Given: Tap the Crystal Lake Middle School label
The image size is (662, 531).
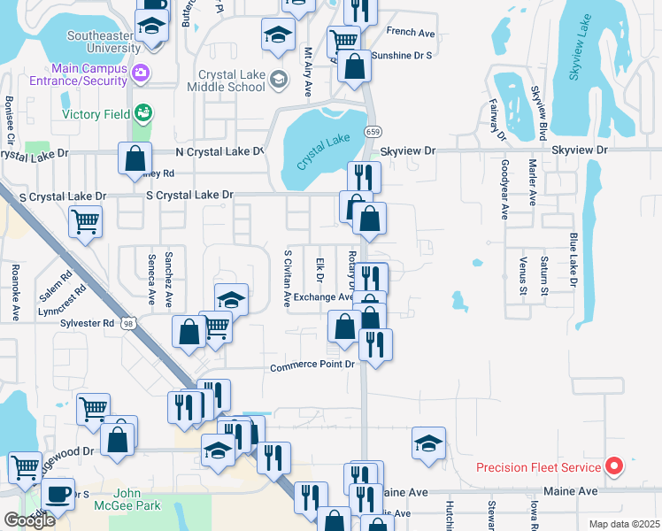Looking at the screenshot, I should tap(232, 81).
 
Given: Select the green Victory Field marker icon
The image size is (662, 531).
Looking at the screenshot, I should tap(142, 113).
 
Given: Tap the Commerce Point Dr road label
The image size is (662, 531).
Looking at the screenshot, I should tap(312, 366).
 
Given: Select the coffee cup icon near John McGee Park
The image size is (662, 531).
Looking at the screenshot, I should tap(58, 493).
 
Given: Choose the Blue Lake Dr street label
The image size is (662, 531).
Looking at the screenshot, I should tap(573, 259).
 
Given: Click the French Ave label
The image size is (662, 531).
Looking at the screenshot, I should tap(411, 32).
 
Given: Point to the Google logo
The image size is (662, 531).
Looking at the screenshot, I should tap(29, 519).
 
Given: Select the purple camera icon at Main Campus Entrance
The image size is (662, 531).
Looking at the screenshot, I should tap(140, 72).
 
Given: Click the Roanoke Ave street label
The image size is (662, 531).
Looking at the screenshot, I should tap(15, 292).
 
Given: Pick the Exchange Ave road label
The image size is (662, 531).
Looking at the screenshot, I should tap(322, 297).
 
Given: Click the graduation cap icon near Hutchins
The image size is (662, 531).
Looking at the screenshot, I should tap(428, 442).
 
